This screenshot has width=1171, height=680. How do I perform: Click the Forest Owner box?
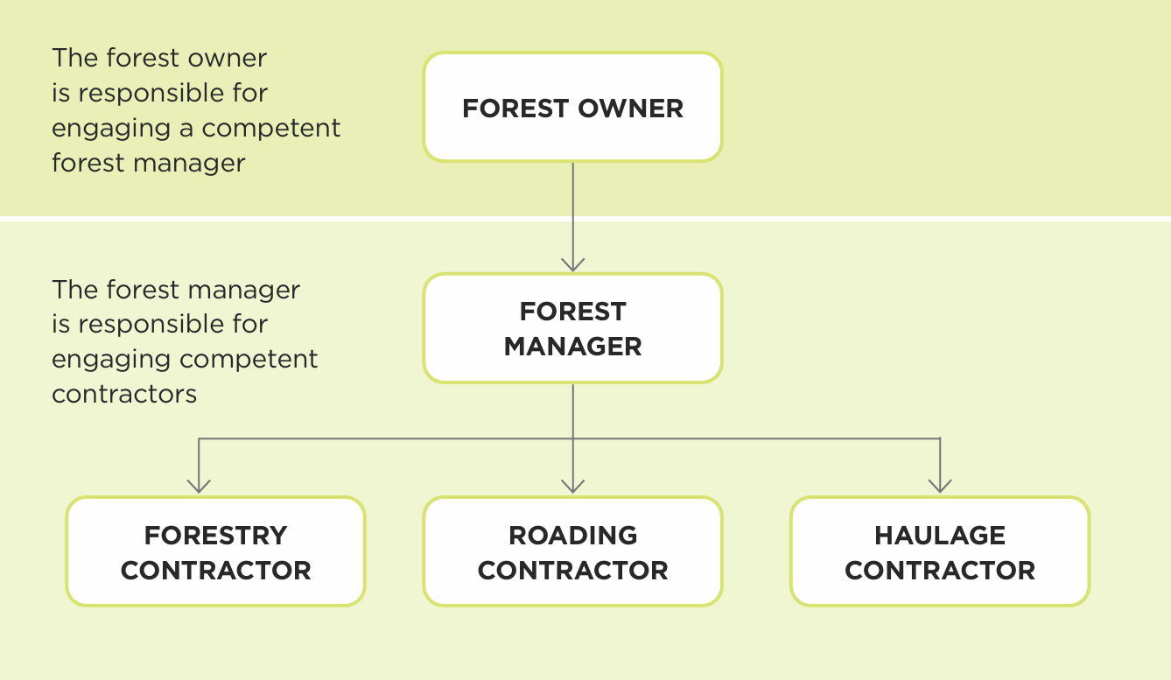[572, 108]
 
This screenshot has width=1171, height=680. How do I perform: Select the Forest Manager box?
[572, 328]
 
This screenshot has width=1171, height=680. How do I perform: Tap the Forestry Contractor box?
[215, 551]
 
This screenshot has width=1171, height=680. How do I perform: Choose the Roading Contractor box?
[572, 551]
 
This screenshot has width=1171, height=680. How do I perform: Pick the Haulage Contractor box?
[940, 551]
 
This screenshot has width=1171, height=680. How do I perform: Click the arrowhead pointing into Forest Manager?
[572, 263]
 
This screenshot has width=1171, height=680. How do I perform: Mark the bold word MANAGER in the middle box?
[572, 347]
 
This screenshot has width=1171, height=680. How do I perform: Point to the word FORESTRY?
[215, 535]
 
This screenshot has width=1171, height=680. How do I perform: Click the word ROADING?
[572, 535]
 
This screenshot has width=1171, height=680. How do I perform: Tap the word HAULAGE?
[940, 535]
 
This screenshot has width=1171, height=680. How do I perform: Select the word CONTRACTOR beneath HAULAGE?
[940, 571]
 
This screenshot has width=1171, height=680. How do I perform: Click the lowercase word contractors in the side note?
[124, 394]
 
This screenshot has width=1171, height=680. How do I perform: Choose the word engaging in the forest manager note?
[113, 360]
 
